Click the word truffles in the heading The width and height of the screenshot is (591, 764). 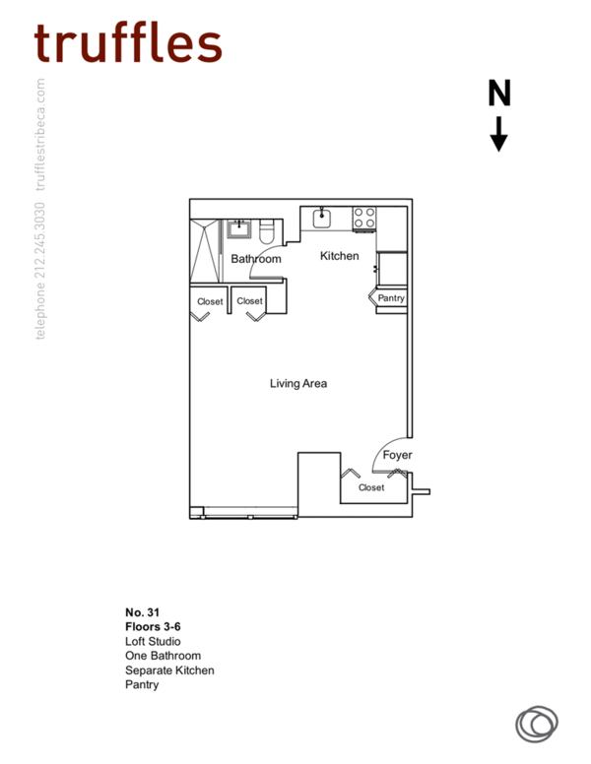[x=128, y=42]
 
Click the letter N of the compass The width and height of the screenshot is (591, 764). [x=499, y=94]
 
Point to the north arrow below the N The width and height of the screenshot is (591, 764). [x=499, y=134]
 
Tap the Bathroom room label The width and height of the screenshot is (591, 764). [x=256, y=259]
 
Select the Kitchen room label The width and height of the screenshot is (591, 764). [x=340, y=256]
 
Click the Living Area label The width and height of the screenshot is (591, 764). [x=298, y=383]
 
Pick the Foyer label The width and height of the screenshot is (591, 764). [x=397, y=455]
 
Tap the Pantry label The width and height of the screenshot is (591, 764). [x=391, y=298]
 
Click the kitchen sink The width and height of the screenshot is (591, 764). [x=321, y=219]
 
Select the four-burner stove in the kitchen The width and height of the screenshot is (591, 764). [x=364, y=218]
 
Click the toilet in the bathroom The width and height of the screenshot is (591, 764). [x=266, y=232]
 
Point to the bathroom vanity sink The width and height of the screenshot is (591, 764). [x=239, y=230]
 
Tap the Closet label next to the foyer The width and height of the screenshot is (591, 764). [x=371, y=487]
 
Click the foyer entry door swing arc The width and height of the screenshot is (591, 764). [x=386, y=451]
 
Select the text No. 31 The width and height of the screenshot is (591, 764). [x=142, y=612]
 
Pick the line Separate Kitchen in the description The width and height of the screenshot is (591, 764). [x=169, y=669]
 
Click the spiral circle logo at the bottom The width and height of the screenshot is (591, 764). [x=537, y=724]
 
